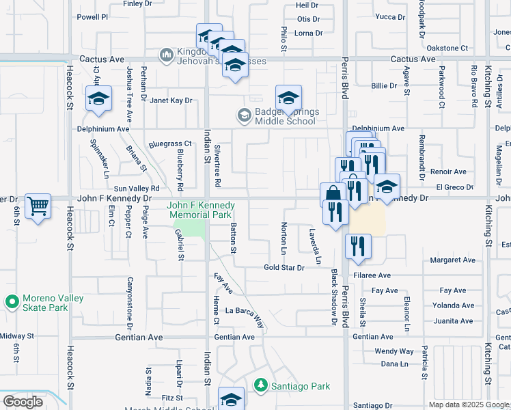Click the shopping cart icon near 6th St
tap(38, 205)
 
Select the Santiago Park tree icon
tap(260, 386)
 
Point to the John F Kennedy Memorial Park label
tap(201, 210)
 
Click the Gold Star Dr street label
tap(284, 267)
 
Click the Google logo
tap(23, 402)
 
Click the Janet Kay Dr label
tap(171, 100)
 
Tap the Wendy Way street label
tap(394, 351)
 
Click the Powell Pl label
tap(93, 16)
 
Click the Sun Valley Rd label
tap(137, 188)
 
